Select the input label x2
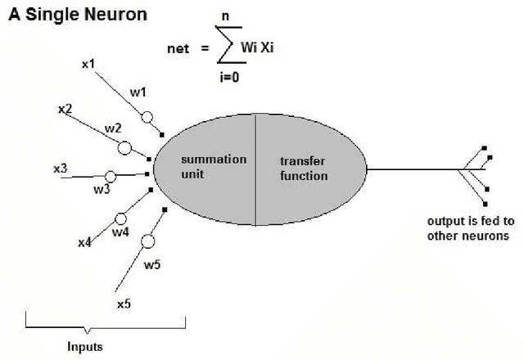(65, 108)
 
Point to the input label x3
(60, 168)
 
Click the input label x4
(84, 242)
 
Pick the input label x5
(124, 304)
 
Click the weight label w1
(138, 93)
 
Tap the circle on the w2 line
(124, 148)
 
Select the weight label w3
(101, 190)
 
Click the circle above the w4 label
(121, 219)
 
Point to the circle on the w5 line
(148, 242)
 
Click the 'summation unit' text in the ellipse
(213, 166)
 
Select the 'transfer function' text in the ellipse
(303, 169)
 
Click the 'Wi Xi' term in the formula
(275, 48)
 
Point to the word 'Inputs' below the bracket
(85, 346)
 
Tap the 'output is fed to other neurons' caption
(468, 228)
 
